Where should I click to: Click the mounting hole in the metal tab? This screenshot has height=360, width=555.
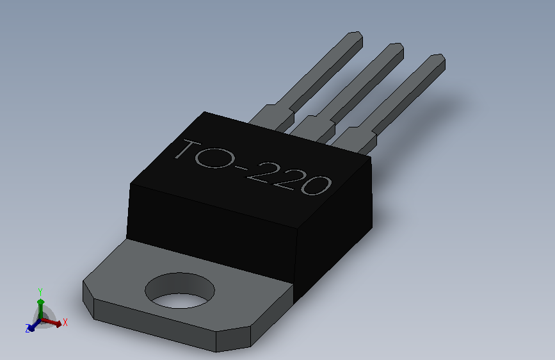click(180, 291)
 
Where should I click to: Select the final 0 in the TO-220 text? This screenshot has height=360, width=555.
click(316, 185)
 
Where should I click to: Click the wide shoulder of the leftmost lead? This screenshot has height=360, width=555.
click(273, 118)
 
